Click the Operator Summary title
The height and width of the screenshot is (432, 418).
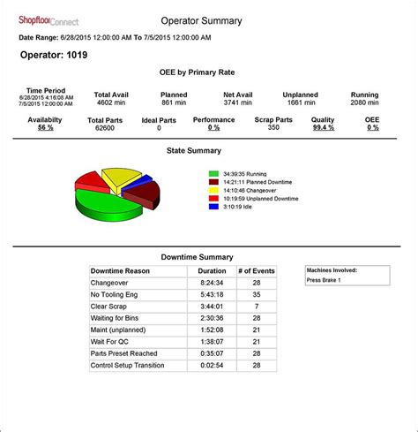(x=201, y=20)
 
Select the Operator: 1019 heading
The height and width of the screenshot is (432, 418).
(x=54, y=54)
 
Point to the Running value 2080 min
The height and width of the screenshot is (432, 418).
(x=364, y=102)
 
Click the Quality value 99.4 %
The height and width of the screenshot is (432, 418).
(x=323, y=127)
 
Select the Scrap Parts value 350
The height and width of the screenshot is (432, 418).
(x=273, y=127)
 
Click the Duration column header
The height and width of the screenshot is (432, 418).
(x=212, y=270)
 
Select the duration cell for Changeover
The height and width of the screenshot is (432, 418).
(x=212, y=283)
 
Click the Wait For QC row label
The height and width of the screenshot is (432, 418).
(x=111, y=341)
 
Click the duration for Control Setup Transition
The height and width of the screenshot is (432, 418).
(x=212, y=365)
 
